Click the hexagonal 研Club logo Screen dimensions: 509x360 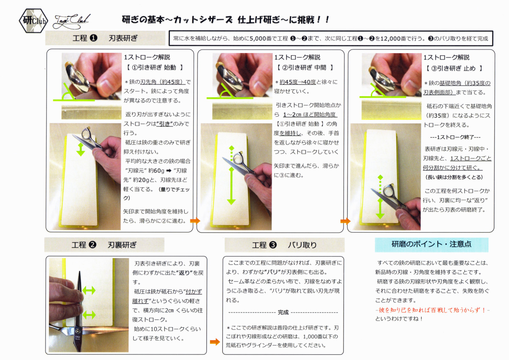coord(34,21)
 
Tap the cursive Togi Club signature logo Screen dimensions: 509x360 coord(71,22)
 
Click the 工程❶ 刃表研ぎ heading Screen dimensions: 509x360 coord(105,38)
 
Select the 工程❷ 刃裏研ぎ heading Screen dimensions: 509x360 coord(104,245)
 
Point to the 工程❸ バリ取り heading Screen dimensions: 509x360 coord(285,245)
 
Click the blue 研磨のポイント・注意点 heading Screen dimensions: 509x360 coord(431,245)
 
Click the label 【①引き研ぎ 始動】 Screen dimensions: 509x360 coord(154,67)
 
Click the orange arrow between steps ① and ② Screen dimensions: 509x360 coord(195,221)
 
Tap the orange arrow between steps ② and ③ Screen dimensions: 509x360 coord(345,221)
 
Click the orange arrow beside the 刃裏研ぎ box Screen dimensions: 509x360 coord(215,342)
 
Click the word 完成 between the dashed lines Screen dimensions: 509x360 coord(283,312)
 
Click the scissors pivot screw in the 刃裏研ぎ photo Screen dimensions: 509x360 coord(78,330)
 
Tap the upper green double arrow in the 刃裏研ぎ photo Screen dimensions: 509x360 coord(89,290)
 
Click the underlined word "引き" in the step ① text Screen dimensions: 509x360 coord(165,124)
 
